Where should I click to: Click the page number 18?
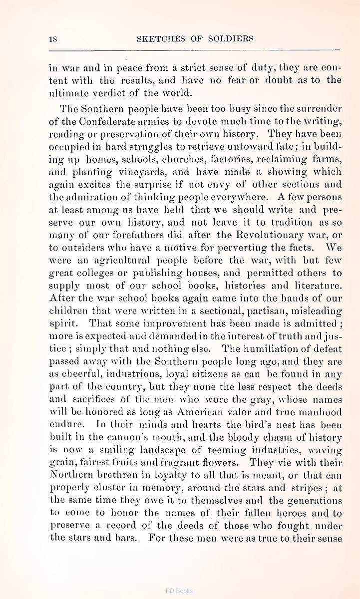(53, 39)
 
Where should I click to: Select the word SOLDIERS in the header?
(231, 39)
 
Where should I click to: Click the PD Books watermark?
(179, 591)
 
